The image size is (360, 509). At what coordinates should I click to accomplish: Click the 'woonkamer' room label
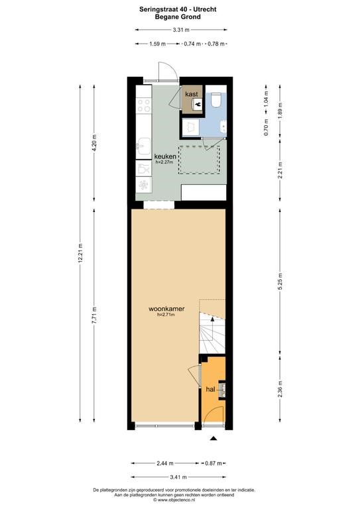[166, 309]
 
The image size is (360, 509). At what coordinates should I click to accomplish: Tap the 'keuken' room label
[165, 156]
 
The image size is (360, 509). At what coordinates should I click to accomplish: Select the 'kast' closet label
[192, 94]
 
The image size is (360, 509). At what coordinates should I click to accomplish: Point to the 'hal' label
[211, 389]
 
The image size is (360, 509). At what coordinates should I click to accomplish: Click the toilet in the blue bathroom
[215, 100]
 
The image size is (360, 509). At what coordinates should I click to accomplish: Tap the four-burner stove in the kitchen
[144, 105]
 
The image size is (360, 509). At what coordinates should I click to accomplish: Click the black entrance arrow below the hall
[213, 438]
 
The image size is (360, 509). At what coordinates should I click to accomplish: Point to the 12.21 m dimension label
[80, 254]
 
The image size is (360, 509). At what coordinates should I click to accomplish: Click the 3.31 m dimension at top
[181, 30]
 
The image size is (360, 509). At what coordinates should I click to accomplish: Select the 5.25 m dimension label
[280, 282]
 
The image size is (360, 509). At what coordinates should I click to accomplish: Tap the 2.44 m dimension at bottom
[165, 463]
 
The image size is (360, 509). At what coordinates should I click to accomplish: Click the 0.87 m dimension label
[213, 463]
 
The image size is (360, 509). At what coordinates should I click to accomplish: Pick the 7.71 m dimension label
[94, 315]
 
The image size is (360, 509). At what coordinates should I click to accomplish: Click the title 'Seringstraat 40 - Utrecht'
[178, 9]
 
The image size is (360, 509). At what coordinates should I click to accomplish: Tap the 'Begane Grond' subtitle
[178, 17]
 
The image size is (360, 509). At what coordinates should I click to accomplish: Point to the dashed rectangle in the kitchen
[200, 160]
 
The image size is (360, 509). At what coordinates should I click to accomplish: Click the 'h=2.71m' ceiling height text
[166, 315]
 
